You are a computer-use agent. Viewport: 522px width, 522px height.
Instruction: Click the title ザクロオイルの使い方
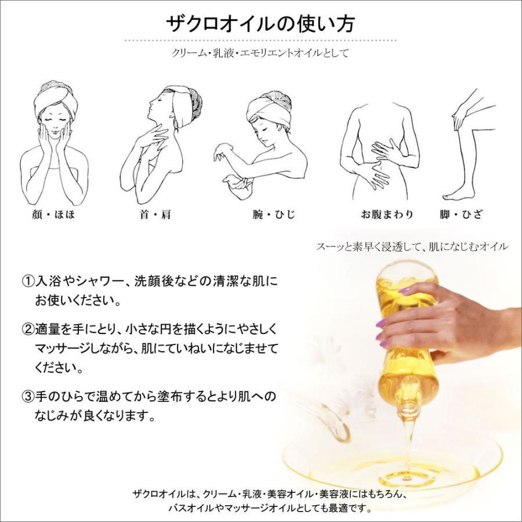click(x=260, y=24)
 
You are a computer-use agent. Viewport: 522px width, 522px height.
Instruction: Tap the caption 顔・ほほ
click(x=55, y=215)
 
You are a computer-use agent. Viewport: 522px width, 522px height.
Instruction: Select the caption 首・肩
click(x=155, y=215)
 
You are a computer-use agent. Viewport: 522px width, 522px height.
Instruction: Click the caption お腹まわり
click(x=387, y=215)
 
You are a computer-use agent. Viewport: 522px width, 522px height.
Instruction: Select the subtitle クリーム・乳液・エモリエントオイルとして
click(x=260, y=53)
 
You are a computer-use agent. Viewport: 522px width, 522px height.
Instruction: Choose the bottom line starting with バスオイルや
click(x=269, y=507)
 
